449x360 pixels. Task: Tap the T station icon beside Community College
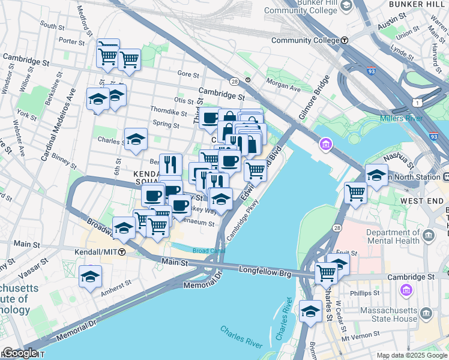[345, 40]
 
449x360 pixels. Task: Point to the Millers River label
[402, 118]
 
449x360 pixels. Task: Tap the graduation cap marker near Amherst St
[90, 277]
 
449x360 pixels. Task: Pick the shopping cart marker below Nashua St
[355, 193]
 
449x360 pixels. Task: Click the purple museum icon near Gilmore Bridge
[326, 144]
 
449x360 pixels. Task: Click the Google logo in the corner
[19, 353]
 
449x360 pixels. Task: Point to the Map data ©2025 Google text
[411, 355]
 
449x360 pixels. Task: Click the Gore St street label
[188, 74]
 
